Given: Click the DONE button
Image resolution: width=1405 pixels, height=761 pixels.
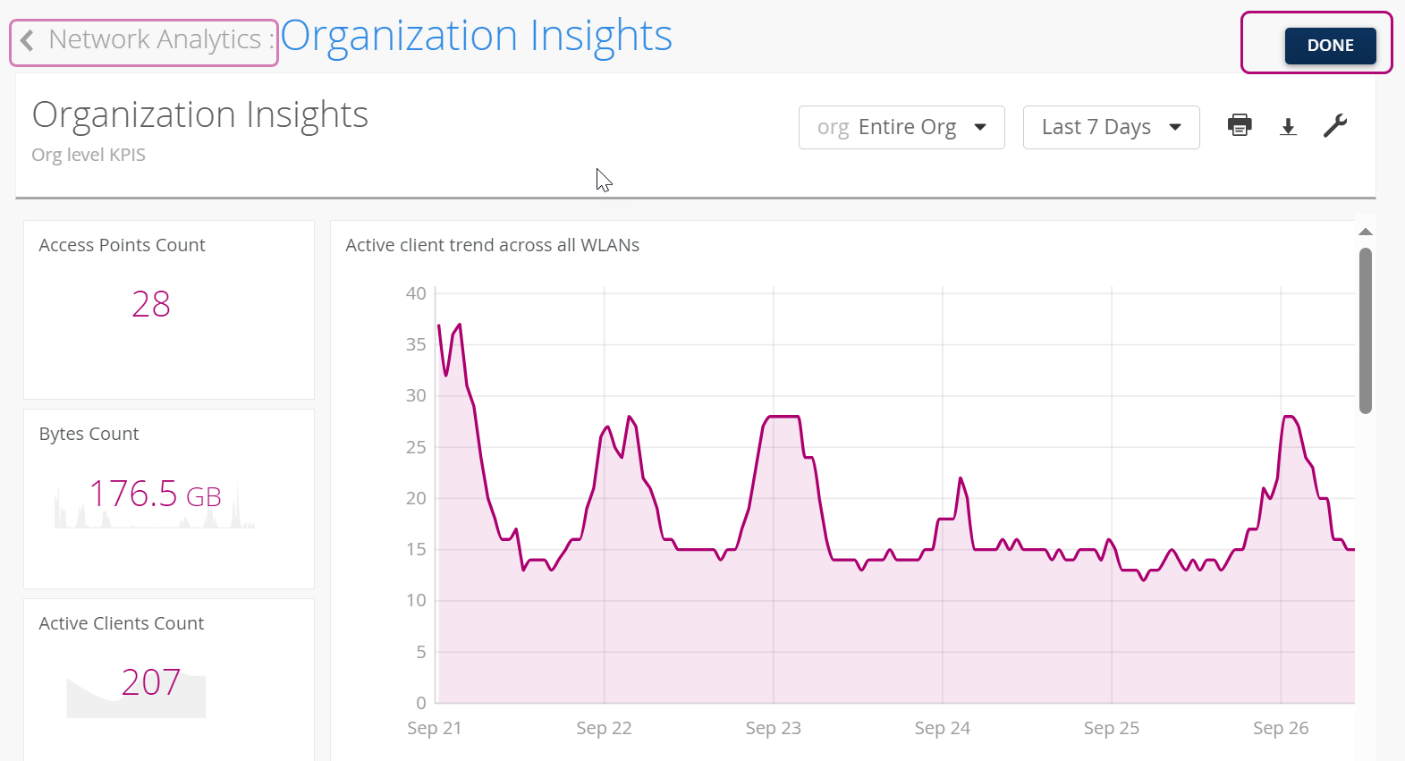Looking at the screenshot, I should tap(1330, 46).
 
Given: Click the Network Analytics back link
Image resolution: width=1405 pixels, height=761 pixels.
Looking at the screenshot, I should tap(144, 40).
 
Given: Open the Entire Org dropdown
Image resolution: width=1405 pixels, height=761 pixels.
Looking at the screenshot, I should tap(901, 127).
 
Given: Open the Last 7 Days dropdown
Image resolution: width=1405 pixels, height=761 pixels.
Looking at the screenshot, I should tap(1111, 127).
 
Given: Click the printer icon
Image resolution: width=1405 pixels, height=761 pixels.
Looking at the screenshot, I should tap(1240, 125).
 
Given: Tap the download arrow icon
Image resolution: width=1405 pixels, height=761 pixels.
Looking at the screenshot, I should tap(1288, 127).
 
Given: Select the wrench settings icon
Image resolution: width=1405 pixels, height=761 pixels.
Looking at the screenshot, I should tap(1335, 126).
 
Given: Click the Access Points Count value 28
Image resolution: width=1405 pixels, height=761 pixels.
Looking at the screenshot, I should tap(151, 304).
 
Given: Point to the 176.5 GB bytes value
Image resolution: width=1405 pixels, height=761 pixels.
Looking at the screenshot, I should tap(156, 494).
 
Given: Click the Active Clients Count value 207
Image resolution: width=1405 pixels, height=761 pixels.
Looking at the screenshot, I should tap(151, 682).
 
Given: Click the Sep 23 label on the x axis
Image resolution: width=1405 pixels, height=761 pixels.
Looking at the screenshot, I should tap(773, 728).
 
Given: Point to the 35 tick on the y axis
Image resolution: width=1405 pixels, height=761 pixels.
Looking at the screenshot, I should tap(416, 344).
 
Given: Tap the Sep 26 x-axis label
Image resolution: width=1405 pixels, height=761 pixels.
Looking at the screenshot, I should tap(1280, 728).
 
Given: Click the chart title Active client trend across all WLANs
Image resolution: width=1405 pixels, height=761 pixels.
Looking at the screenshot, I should tap(492, 245).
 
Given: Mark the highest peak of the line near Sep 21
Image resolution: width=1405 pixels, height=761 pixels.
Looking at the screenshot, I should tap(459, 325).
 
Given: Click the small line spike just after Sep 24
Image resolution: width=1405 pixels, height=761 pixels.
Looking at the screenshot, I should tap(961, 478).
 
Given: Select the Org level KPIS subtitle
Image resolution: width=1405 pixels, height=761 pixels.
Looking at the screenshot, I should tap(89, 155).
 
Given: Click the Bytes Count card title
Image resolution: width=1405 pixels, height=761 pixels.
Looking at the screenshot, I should tap(89, 434).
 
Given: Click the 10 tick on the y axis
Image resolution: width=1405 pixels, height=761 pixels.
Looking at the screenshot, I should tap(416, 600).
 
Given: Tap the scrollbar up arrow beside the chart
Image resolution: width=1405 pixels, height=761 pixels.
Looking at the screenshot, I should tap(1365, 233).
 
